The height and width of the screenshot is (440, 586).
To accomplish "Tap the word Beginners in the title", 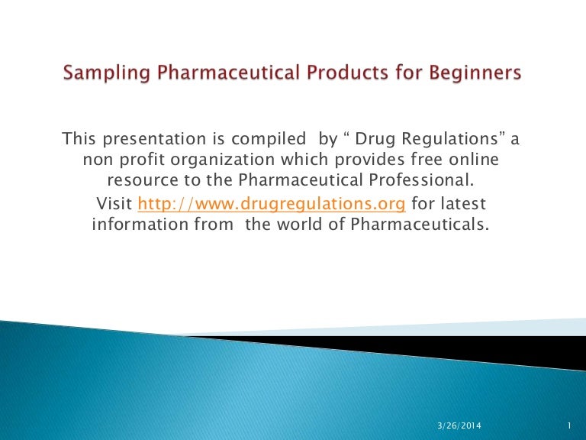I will pos(470,73).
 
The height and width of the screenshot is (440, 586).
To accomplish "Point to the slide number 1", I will pos(570,425).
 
